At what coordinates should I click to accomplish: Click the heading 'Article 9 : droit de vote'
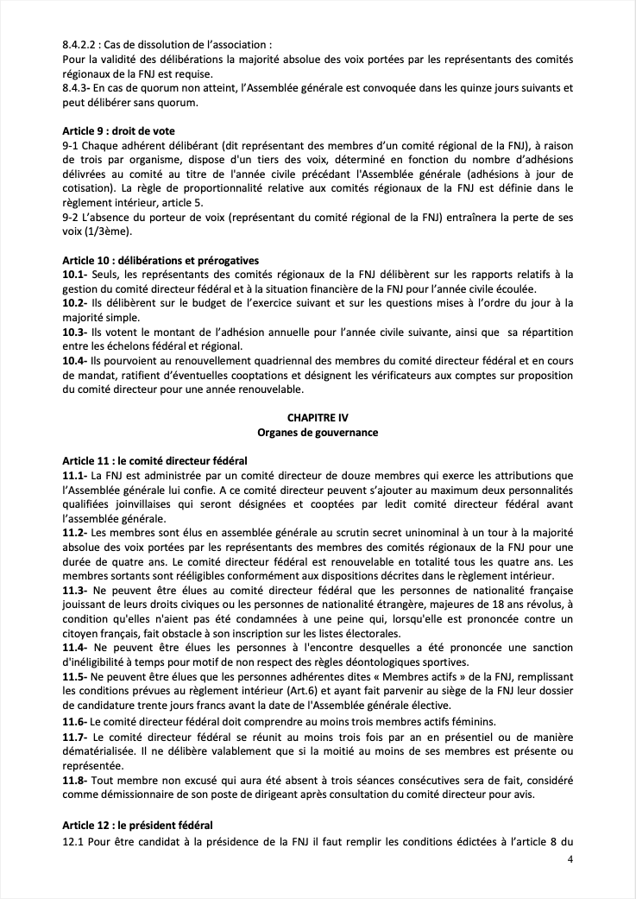(118, 130)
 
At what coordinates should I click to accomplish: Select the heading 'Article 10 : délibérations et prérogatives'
(161, 261)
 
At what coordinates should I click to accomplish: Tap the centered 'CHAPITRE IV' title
(318, 415)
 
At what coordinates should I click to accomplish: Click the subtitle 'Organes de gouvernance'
(318, 431)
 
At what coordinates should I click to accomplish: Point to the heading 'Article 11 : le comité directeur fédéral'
(155, 459)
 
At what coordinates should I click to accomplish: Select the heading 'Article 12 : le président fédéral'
(137, 825)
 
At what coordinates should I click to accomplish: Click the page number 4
(570, 859)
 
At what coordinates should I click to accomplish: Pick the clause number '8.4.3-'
(79, 87)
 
